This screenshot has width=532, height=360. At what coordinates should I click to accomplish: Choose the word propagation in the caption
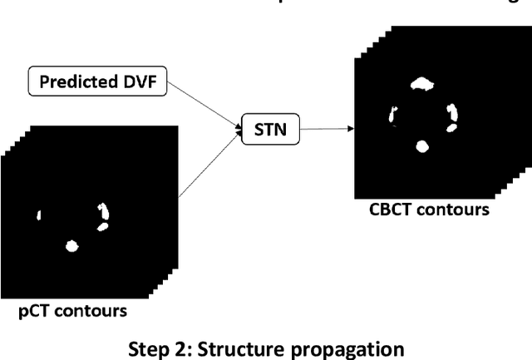point(337,348)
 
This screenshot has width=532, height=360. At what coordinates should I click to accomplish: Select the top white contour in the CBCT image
point(422,83)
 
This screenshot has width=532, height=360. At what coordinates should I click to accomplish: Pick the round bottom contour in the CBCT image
point(422,146)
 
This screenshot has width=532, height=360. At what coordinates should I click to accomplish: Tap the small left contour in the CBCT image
point(393,115)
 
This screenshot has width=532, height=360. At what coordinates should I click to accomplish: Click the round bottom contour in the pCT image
point(71,246)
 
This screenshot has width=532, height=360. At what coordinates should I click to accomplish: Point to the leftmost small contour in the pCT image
point(38,216)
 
